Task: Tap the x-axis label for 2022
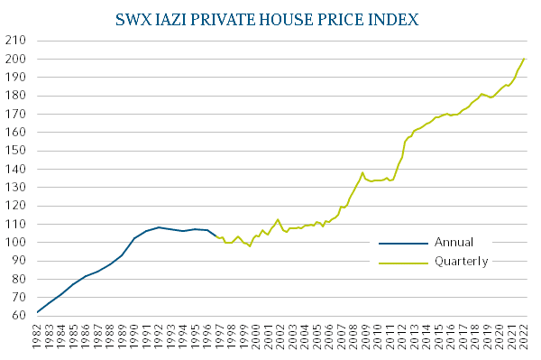tap(525, 337)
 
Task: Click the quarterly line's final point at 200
tap(524, 60)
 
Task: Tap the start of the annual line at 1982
tap(38, 312)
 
